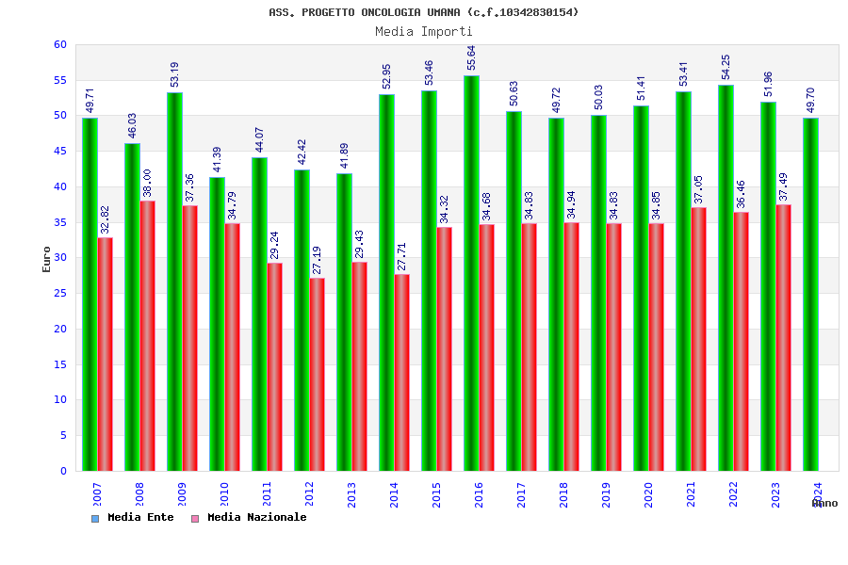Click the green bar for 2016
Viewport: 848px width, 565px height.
pos(471,273)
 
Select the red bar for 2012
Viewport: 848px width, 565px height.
pos(318,374)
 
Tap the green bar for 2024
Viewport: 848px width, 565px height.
pos(810,294)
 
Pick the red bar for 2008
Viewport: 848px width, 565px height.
pos(148,335)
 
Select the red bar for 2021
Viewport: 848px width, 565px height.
pos(699,339)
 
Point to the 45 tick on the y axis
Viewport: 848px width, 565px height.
pos(59,152)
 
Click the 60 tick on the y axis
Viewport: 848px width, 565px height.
pos(59,45)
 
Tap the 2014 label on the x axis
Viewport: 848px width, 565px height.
pos(395,494)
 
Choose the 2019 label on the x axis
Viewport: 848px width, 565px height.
pos(607,494)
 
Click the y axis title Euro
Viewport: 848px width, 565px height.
pos(47,259)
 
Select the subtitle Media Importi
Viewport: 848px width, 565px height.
pos(424,31)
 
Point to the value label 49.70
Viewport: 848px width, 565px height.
pos(811,101)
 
